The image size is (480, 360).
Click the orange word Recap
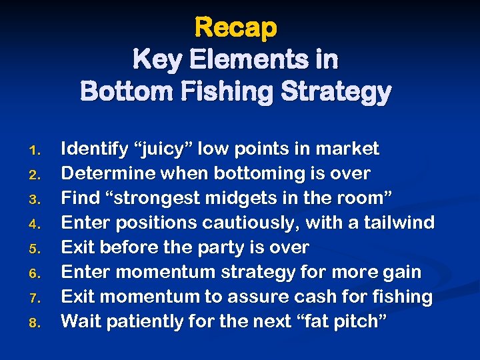click(x=235, y=28)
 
